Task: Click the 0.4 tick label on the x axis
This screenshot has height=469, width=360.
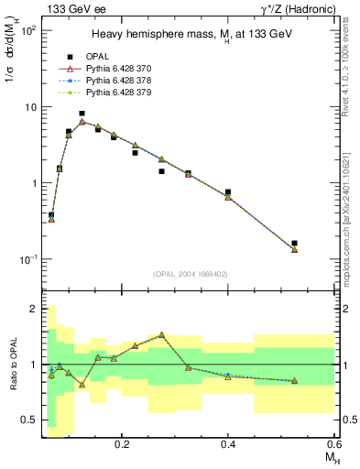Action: [x=228, y=442]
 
